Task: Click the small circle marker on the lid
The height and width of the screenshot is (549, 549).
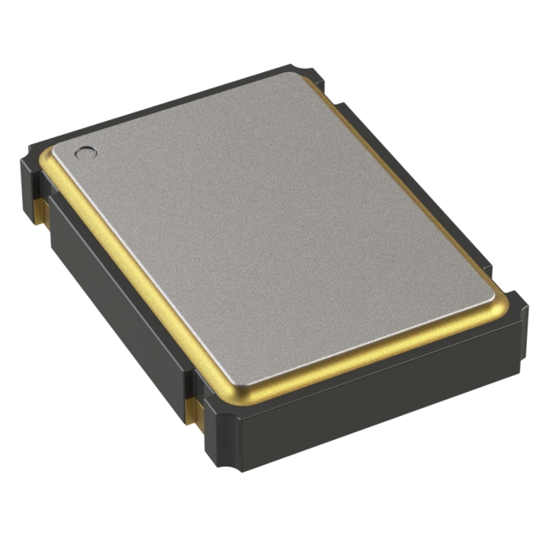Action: tap(86, 154)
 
